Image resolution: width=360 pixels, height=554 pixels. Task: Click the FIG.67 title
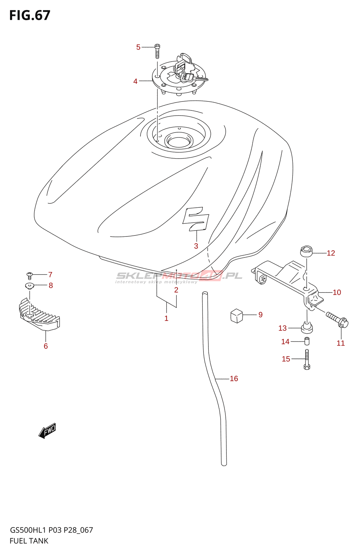pos(30,15)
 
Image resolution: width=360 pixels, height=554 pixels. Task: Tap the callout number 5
pos(138,47)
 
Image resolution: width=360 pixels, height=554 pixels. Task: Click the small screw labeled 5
pos(157,51)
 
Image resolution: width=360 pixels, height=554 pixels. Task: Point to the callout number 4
pos(135,81)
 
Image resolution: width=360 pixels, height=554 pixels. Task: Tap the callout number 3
pos(196,246)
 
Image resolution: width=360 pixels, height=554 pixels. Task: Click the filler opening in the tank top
pos(179,141)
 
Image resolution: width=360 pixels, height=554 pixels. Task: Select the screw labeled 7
pos(30,276)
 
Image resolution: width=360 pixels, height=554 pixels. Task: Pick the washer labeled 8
pos(30,286)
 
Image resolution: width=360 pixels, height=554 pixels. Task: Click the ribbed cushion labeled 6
pos(39,315)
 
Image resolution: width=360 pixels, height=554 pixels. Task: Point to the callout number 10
pos(337,292)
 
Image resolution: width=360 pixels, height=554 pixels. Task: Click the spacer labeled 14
pos(307,341)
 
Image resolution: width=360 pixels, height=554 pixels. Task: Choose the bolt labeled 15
pos(307,359)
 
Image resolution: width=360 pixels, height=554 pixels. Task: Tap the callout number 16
pos(234,378)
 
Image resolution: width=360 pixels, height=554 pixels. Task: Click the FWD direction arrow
pos(47,431)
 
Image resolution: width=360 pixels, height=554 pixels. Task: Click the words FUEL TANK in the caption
pos(29,540)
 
